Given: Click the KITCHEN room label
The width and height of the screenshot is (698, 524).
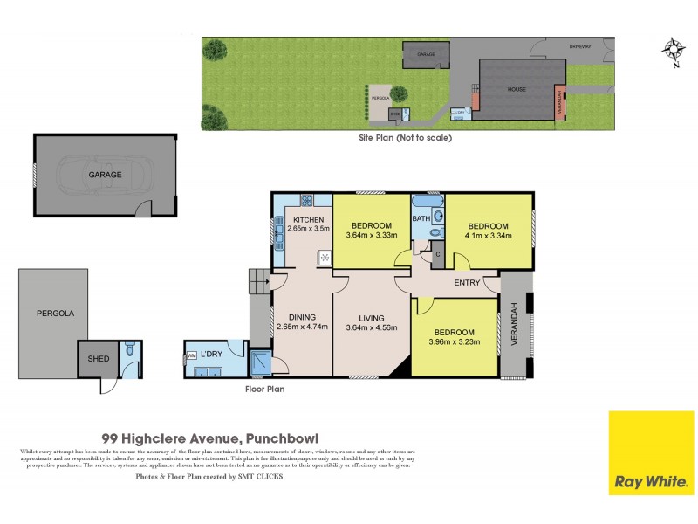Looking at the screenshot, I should (x=309, y=219).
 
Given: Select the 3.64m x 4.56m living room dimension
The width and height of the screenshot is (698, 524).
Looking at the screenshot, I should (x=372, y=327).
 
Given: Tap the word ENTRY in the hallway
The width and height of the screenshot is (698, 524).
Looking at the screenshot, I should (x=467, y=282).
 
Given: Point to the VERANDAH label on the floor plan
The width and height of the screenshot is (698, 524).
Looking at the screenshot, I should (x=516, y=323).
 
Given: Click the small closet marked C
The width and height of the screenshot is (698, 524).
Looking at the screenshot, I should (x=438, y=254).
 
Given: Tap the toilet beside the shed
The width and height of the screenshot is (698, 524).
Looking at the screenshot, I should (x=131, y=353).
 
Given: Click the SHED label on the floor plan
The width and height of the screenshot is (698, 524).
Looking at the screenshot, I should (x=96, y=359).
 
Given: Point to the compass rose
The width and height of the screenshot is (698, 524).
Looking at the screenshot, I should (x=673, y=50).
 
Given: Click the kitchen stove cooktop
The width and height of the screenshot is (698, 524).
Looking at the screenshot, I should (x=323, y=257).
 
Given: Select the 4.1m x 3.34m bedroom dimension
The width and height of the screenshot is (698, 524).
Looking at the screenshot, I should (x=489, y=234).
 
